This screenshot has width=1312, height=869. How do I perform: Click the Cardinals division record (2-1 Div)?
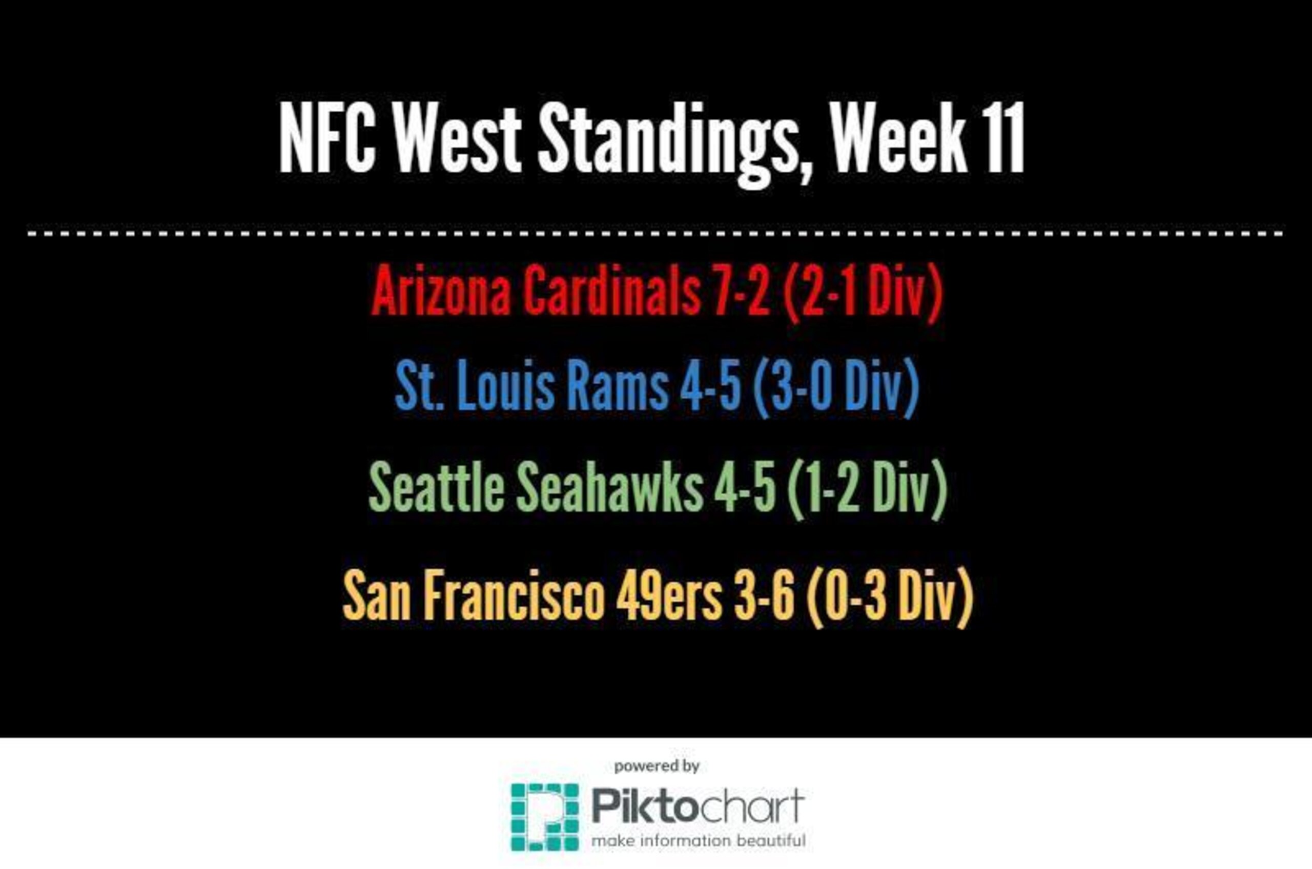pos(863,292)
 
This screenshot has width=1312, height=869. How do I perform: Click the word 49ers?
pos(669,596)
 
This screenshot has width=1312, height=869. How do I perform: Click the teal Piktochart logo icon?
pos(544,817)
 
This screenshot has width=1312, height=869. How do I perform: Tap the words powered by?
pos(657,767)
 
